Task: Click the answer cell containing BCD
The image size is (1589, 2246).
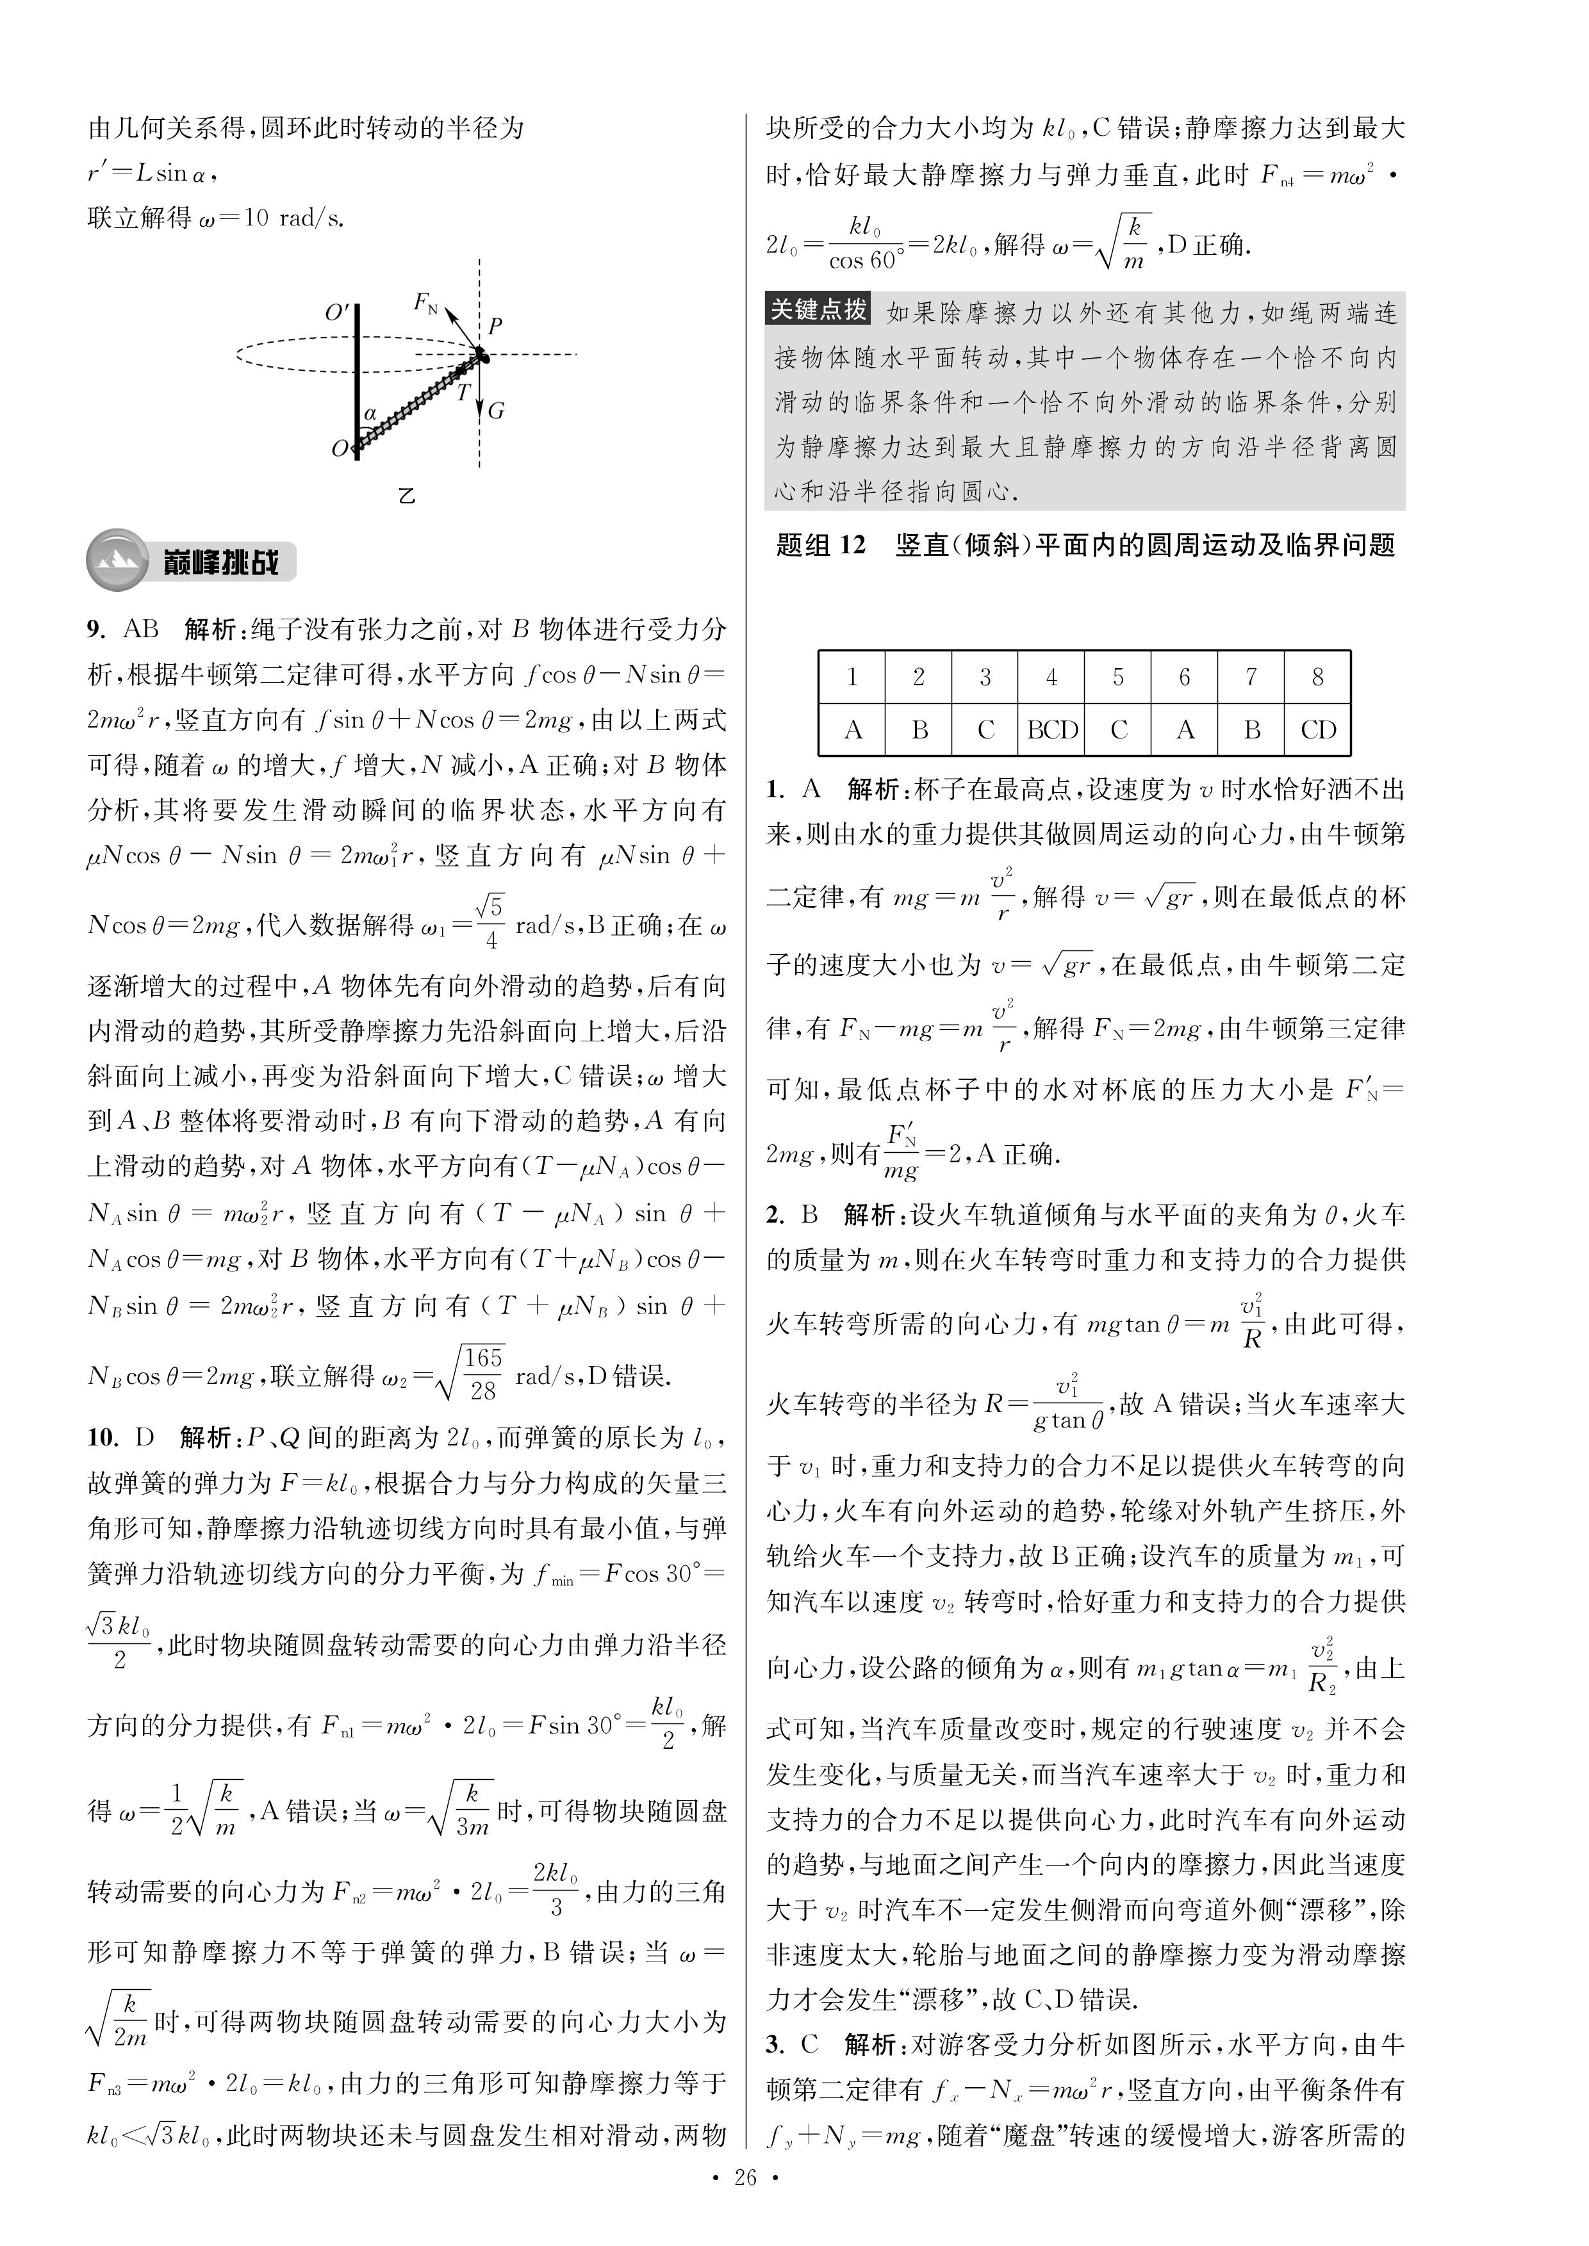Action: click(x=1052, y=729)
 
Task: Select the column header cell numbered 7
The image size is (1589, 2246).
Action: click(x=1251, y=677)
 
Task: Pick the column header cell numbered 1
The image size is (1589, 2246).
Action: click(x=852, y=677)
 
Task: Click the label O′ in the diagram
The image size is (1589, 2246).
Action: click(x=336, y=314)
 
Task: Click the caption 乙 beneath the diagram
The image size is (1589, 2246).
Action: click(x=407, y=495)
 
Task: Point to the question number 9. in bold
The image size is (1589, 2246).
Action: click(x=95, y=629)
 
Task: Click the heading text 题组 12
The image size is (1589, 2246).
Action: click(x=820, y=545)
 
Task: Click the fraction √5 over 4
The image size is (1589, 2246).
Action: click(x=491, y=922)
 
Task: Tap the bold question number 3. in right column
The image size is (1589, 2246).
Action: click(x=775, y=2044)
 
